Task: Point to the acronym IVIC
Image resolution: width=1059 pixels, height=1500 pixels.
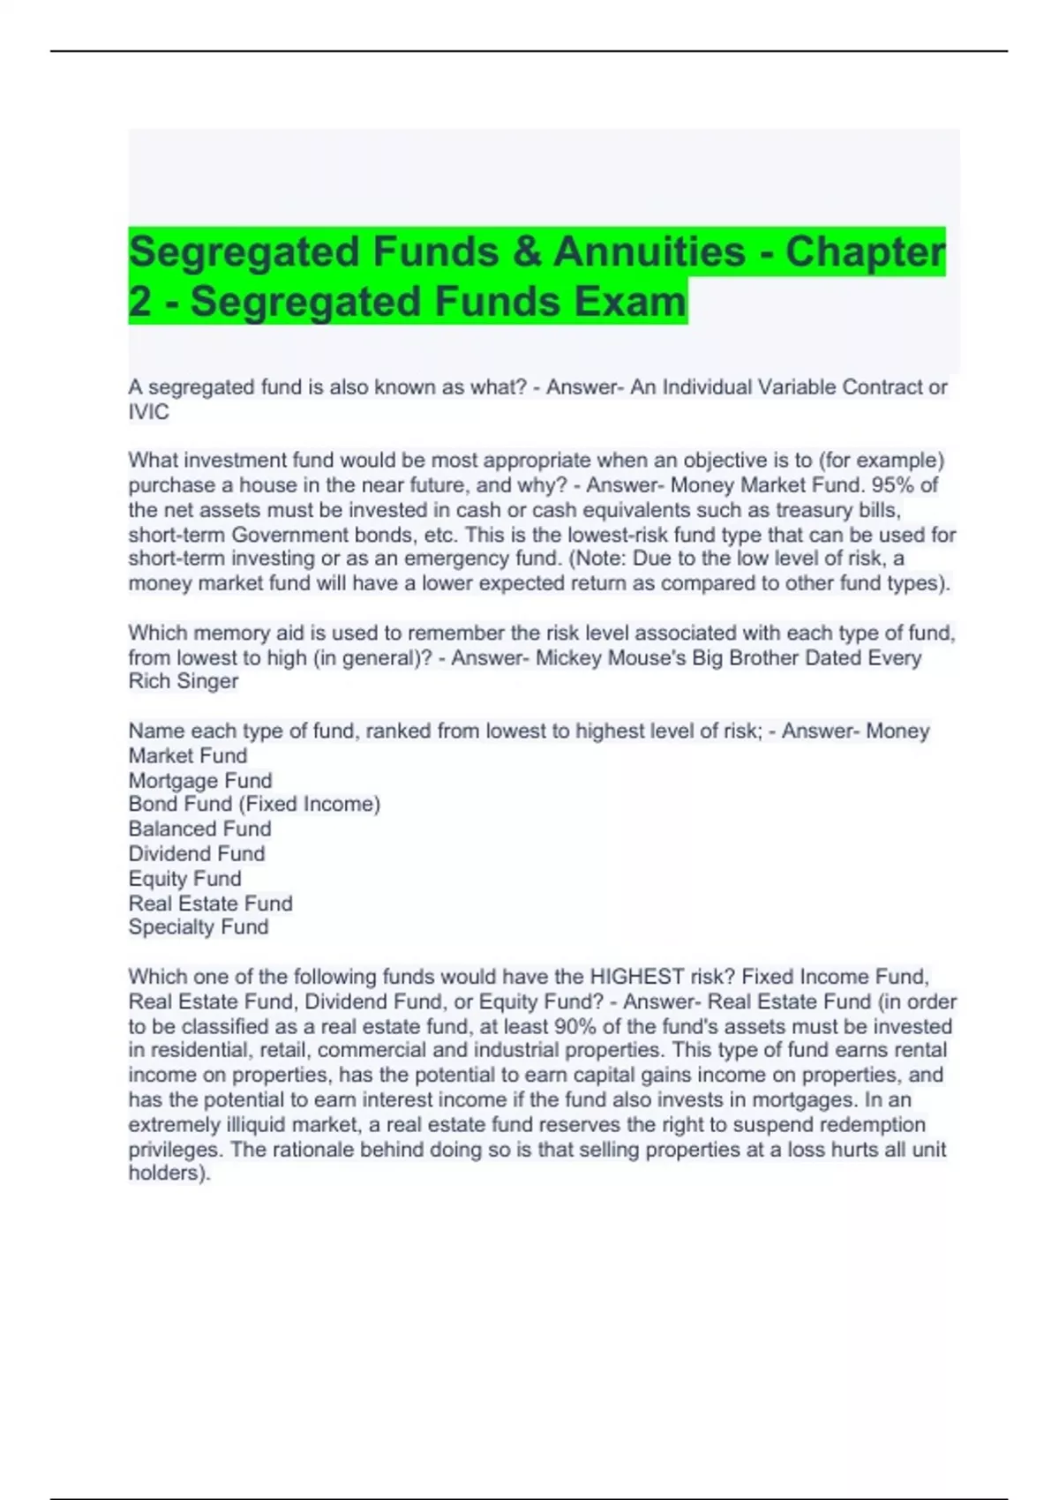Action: click(x=148, y=412)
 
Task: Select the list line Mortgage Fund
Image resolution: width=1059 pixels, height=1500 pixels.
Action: click(x=200, y=781)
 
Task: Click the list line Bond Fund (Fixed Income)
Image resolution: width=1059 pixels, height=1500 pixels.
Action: click(x=254, y=805)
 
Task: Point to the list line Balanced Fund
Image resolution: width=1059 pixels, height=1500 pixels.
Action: click(x=199, y=829)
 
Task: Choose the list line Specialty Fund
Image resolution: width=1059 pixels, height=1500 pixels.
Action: click(x=199, y=927)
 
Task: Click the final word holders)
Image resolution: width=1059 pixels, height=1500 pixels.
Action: click(x=169, y=1174)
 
